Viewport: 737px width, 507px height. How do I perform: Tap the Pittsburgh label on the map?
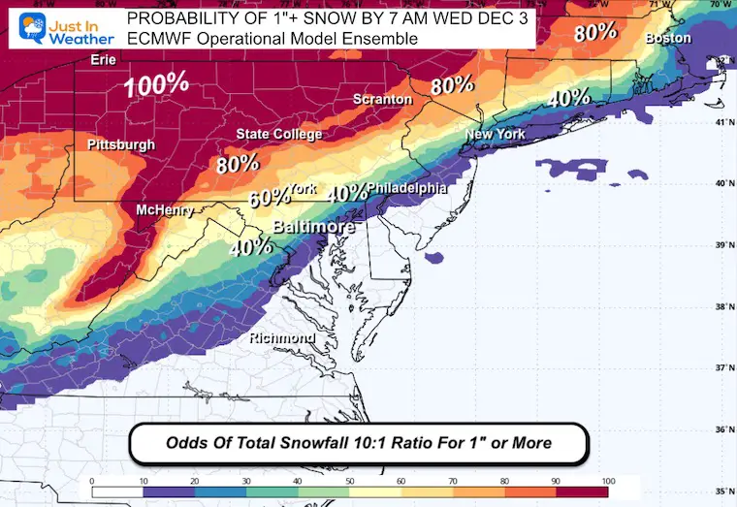point(121,144)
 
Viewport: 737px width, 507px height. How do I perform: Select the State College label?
point(279,135)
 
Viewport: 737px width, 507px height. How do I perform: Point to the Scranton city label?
point(382,99)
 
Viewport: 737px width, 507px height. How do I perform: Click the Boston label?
point(669,38)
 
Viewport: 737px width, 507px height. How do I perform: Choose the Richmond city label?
point(281,338)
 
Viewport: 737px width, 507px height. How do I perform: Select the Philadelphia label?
point(406,188)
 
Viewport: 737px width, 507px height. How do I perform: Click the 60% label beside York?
point(269,198)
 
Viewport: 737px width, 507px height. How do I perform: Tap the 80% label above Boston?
point(595,31)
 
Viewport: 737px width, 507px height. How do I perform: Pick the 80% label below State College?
point(237,165)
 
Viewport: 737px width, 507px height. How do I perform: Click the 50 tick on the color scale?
point(349,481)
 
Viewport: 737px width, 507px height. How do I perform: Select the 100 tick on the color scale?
point(607,481)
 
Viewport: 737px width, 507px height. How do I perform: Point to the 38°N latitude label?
point(721,305)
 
